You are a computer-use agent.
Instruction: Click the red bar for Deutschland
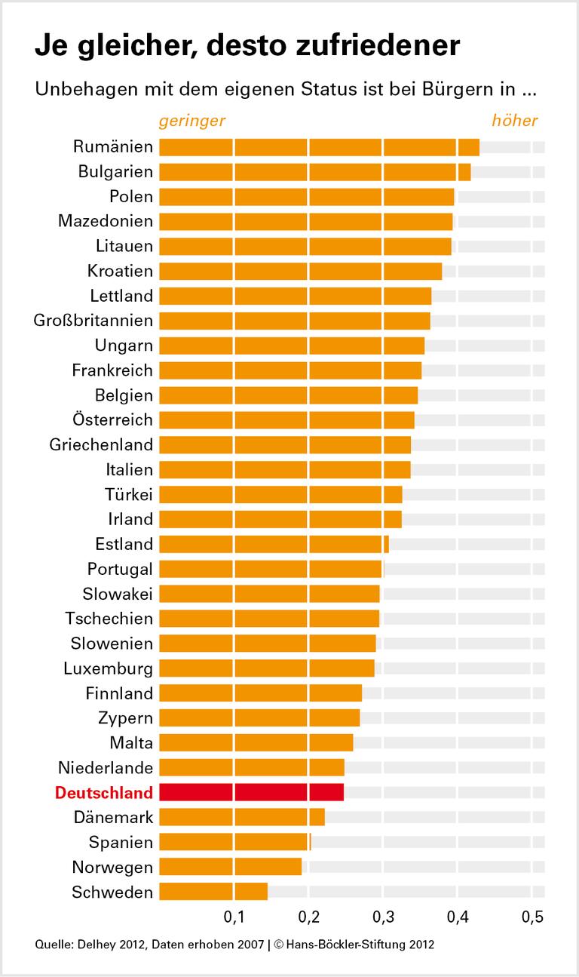[x=251, y=792]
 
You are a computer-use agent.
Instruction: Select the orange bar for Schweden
[x=213, y=892]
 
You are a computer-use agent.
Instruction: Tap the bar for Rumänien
[x=319, y=146]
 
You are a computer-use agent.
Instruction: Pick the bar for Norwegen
[x=230, y=867]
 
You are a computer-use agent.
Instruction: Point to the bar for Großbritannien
[x=294, y=321]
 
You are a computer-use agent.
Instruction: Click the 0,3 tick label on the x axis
[x=383, y=918]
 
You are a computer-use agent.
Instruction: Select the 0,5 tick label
[x=532, y=918]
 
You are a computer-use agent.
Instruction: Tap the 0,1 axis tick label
[x=234, y=918]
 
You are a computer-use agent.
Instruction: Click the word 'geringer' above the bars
[x=191, y=121]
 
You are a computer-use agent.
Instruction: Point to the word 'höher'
[x=515, y=121]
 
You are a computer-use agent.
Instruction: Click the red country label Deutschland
[x=104, y=793]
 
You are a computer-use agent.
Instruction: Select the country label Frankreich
[x=112, y=370]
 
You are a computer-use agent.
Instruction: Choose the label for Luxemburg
[x=108, y=668]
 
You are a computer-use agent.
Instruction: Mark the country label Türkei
[x=129, y=494]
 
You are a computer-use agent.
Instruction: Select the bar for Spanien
[x=234, y=842]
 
